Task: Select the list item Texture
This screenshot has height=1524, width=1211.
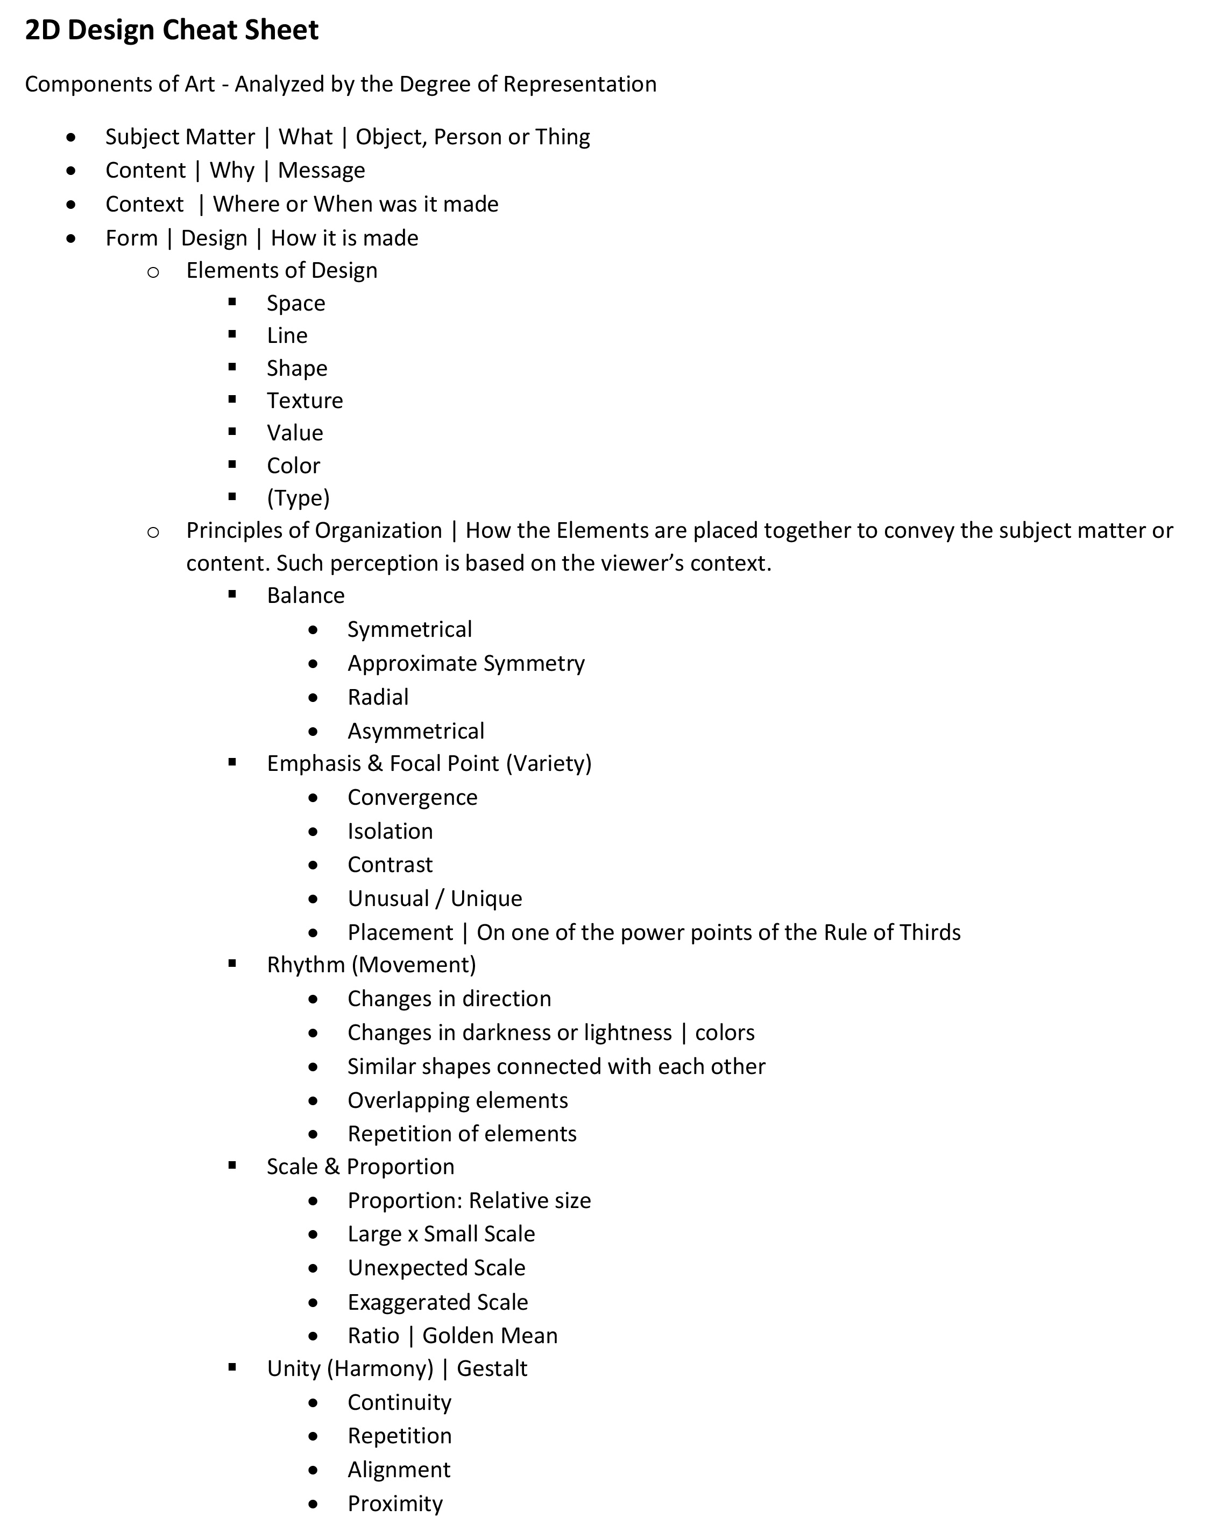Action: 304,401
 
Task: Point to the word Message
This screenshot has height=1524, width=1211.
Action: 322,170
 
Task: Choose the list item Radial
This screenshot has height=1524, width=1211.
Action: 378,698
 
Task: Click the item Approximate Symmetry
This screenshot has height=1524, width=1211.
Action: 465,664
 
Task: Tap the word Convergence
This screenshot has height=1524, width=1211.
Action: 412,797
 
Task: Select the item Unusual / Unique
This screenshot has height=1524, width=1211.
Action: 435,898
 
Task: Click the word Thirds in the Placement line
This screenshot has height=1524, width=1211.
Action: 926,932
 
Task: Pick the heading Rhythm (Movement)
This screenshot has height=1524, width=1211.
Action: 371,965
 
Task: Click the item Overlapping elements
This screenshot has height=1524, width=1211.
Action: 457,1100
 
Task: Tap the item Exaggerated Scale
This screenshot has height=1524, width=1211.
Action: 437,1302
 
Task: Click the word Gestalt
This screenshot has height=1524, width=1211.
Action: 492,1368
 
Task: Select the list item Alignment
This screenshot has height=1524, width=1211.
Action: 399,1470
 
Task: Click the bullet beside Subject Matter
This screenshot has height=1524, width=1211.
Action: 70,137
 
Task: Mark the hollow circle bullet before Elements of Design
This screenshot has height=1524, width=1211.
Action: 153,271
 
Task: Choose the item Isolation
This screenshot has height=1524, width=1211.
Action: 390,831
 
